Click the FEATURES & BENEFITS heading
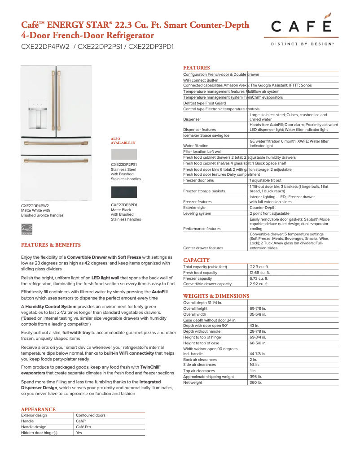[x=51, y=245]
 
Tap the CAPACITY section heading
[x=196, y=260]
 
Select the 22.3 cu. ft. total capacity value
[x=259, y=267]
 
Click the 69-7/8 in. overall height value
[x=258, y=309]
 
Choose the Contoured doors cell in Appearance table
[x=91, y=415]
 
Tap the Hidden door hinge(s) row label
[x=40, y=433]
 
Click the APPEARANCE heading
[x=38, y=409]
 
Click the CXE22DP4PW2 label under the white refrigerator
[x=35, y=206]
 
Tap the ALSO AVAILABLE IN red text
[x=123, y=140]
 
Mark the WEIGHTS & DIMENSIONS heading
[x=216, y=296]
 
